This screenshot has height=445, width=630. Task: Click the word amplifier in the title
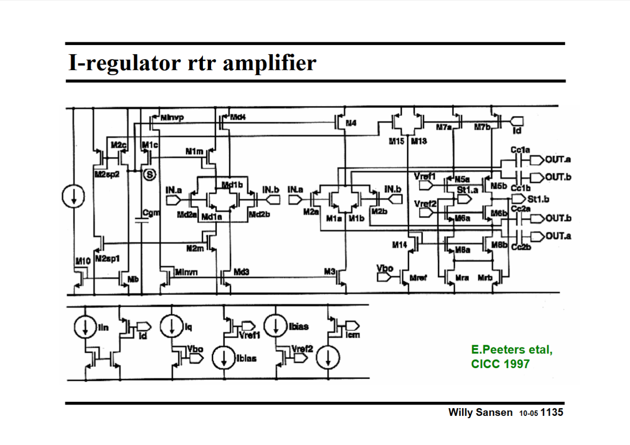pos(269,63)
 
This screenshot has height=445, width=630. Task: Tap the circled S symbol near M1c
pos(149,174)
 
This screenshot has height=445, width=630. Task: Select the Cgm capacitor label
pos(151,212)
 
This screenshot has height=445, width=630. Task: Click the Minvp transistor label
pos(172,118)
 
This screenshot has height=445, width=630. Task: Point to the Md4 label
pos(238,117)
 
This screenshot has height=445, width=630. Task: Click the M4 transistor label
pos(351,123)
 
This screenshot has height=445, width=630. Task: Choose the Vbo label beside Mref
pos(384,268)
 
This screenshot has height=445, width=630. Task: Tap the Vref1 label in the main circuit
pos(425,176)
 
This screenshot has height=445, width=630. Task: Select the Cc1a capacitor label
pos(520,150)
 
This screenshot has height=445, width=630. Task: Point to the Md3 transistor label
pos(241,272)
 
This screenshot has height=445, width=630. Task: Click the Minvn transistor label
pos(186,272)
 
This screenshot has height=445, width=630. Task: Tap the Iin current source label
pos(104,327)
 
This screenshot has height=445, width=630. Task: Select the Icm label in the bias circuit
pos(353,335)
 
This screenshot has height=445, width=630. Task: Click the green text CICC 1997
pos(500,364)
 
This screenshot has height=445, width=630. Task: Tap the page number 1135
pos(552,412)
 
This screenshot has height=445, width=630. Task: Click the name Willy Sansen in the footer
pos(480,412)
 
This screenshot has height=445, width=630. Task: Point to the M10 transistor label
pos(83,261)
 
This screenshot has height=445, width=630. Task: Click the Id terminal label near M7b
pos(517,130)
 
